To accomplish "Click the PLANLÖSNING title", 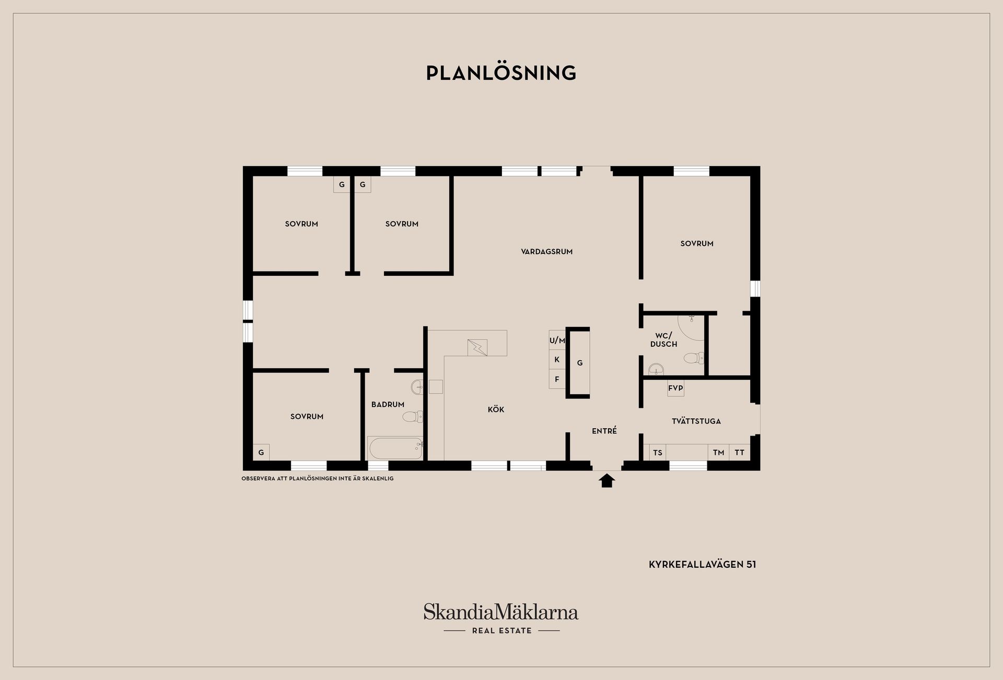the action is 501,73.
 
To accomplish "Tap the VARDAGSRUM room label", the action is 546,252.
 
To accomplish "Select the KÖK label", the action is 496,409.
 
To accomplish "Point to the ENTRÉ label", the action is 604,431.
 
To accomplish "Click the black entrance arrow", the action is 607,480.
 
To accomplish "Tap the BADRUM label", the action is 388,404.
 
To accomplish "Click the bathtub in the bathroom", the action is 395,448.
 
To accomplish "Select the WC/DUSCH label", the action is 663,340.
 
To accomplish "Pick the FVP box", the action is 675,388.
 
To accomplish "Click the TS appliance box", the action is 658,452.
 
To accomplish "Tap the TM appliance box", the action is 719,452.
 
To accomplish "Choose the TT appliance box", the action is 740,452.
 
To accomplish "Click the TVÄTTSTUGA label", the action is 696,421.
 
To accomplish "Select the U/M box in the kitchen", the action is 557,341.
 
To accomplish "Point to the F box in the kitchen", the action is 557,379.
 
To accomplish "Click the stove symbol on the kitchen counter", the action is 477,347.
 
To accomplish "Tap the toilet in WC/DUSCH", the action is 694,358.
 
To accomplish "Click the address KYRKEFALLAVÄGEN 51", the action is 702,565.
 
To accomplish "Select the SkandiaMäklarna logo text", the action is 501,612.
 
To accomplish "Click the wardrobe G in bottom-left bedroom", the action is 261,452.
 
